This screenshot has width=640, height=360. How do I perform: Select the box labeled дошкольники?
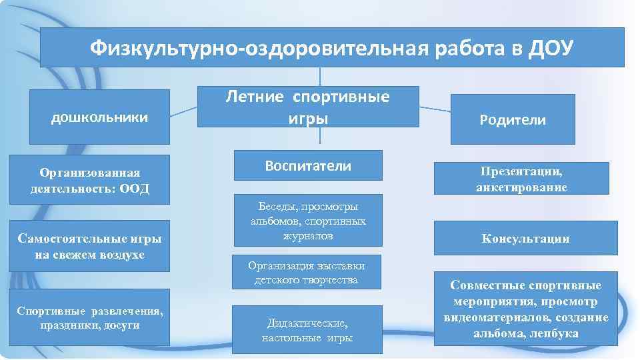click(x=99, y=117)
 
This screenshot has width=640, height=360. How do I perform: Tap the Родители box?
click(x=512, y=120)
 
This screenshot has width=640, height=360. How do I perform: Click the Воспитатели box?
click(x=307, y=165)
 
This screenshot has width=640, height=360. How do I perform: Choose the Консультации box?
click(x=525, y=238)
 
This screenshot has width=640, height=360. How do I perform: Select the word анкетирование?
click(x=521, y=187)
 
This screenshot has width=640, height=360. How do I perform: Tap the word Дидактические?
click(x=307, y=323)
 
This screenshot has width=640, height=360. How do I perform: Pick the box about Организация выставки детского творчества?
click(x=307, y=273)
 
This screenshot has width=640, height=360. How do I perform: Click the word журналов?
click(x=307, y=235)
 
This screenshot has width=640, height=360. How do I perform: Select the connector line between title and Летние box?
click(x=320, y=76)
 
